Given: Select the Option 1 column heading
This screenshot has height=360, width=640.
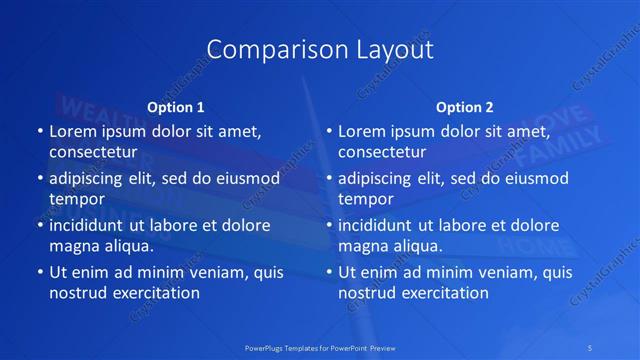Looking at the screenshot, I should tap(175, 107).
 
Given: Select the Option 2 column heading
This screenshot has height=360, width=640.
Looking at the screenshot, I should tap(464, 107).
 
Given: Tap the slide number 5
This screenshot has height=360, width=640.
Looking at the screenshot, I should tap(592, 347).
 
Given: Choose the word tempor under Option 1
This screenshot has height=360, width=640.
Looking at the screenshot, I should tap(75, 199).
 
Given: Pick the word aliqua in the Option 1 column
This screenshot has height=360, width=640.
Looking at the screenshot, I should tap(128, 246).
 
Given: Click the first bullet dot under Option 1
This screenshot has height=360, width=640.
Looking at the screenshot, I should tap(39, 132).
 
